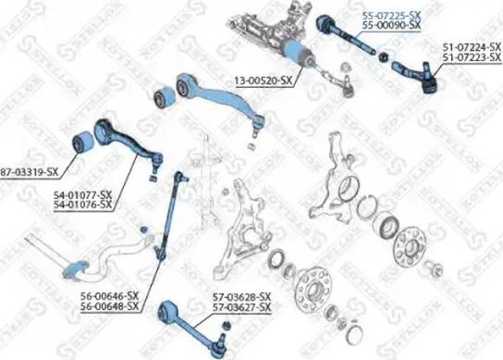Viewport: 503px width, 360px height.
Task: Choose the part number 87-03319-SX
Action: pyautogui.click(x=29, y=173)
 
